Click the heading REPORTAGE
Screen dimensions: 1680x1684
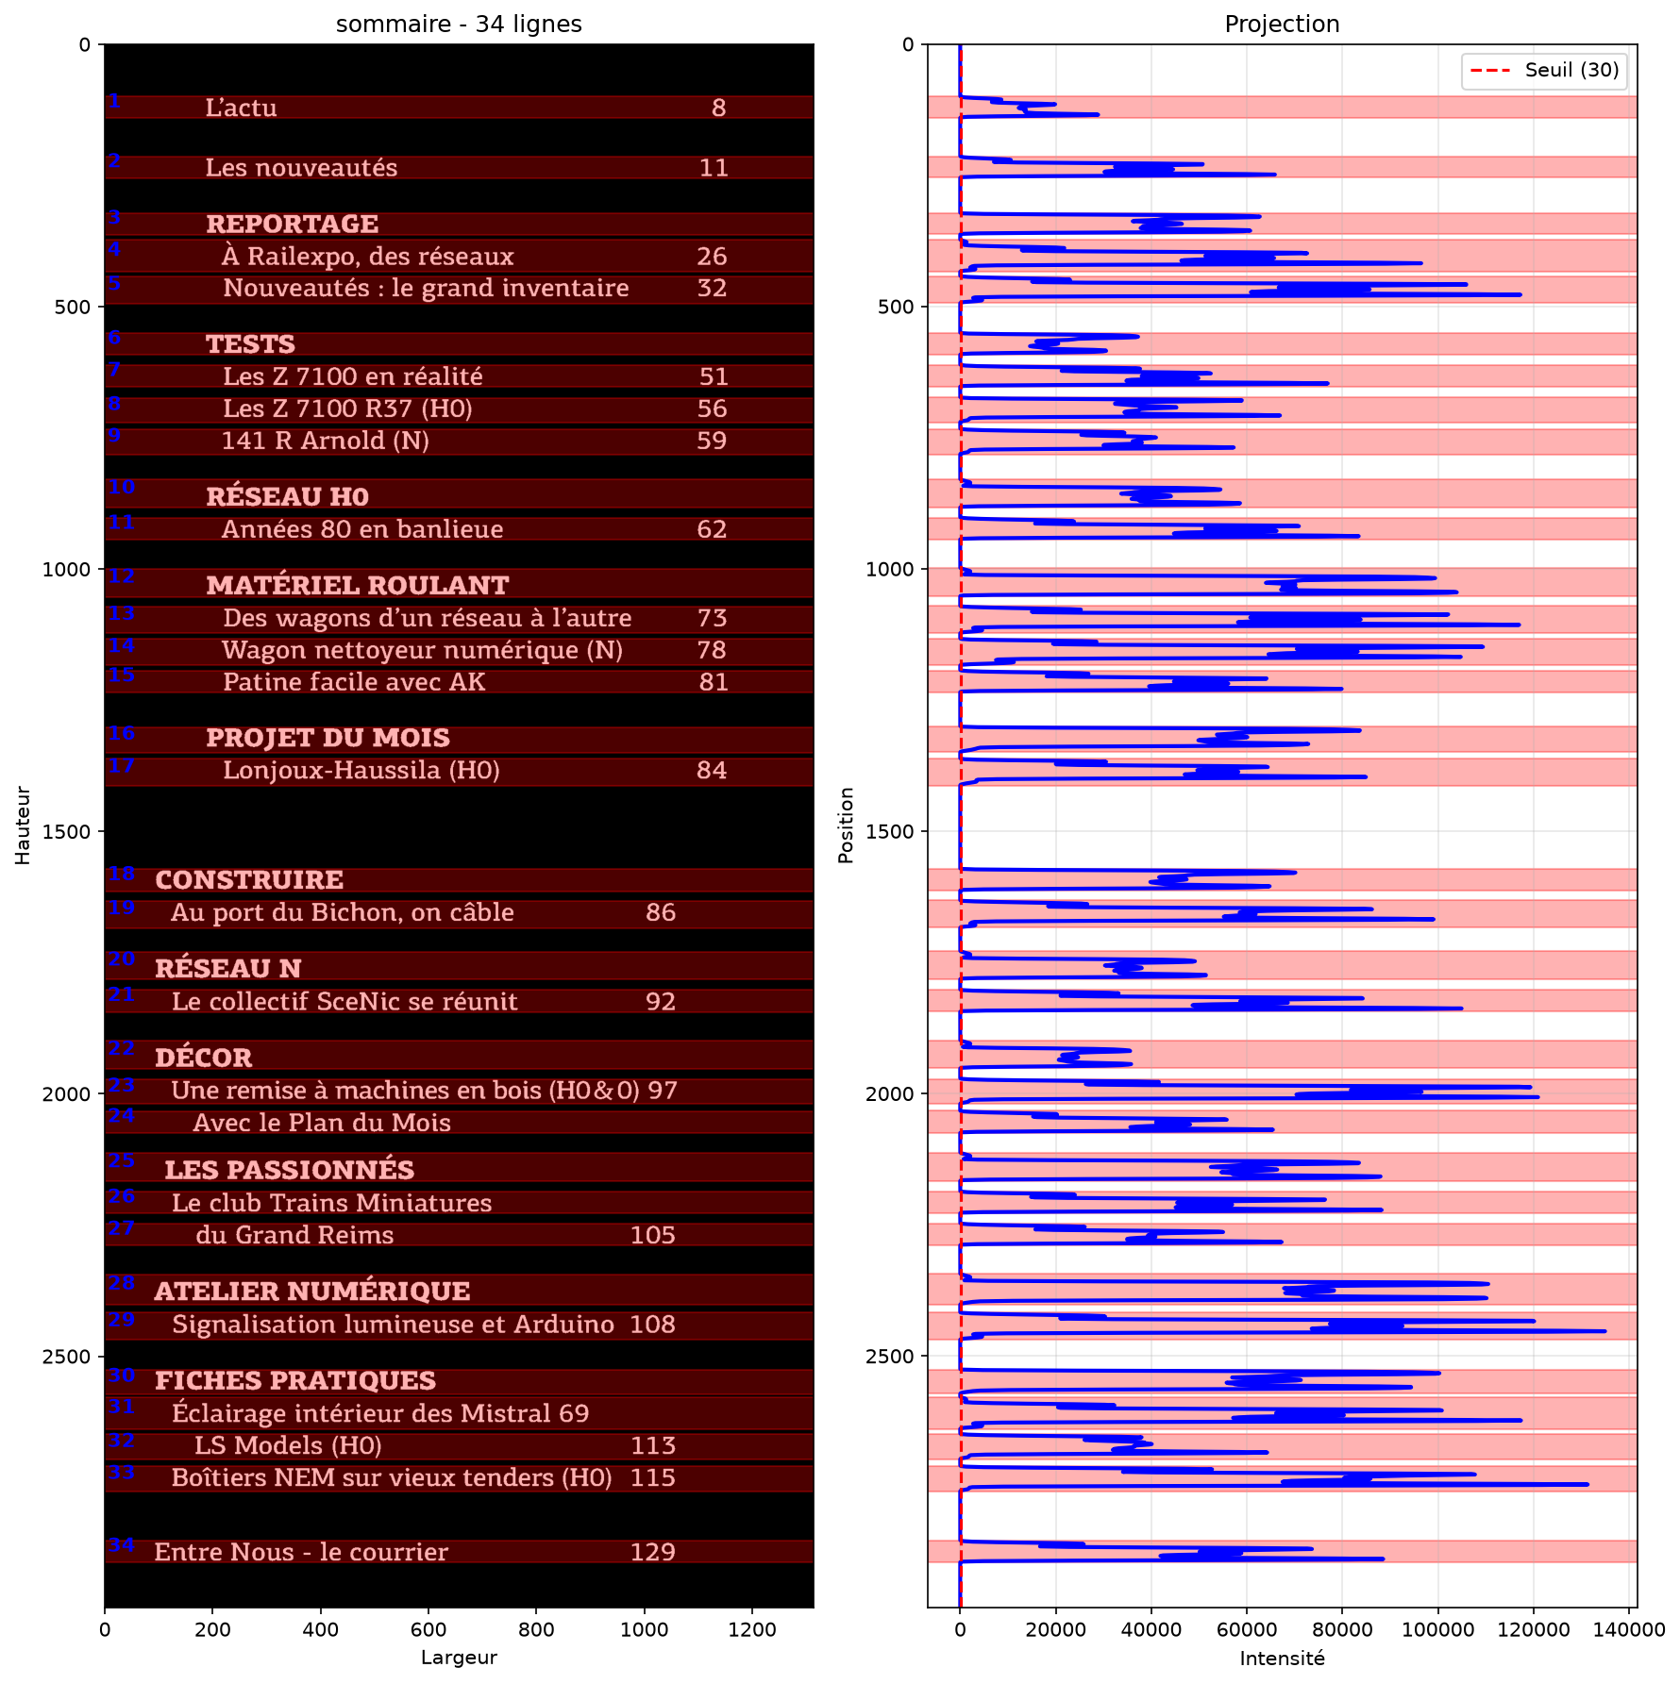(x=293, y=225)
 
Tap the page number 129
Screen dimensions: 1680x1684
(x=653, y=1553)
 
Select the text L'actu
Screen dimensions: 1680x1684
(x=242, y=108)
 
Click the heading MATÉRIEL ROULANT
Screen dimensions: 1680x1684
(x=358, y=585)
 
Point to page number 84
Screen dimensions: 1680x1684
(x=712, y=771)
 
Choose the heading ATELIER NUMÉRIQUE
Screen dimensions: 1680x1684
(x=312, y=1291)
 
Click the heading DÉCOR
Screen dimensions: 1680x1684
(x=204, y=1058)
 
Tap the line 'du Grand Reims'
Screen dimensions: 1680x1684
(x=294, y=1236)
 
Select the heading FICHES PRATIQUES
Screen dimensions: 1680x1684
(x=295, y=1381)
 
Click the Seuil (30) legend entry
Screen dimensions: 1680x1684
(x=1545, y=71)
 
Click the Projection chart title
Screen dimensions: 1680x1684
(x=1282, y=25)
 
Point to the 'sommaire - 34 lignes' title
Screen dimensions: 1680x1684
(x=459, y=25)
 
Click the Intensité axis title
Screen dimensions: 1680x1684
(x=1282, y=1659)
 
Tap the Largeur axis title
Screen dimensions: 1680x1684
(x=459, y=1659)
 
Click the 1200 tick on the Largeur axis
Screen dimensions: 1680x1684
(x=752, y=1630)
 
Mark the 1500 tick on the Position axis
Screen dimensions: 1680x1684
(x=892, y=832)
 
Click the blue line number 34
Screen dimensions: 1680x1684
(x=121, y=1545)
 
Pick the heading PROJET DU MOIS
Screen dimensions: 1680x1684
(x=328, y=738)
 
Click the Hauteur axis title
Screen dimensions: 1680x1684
(x=24, y=825)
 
